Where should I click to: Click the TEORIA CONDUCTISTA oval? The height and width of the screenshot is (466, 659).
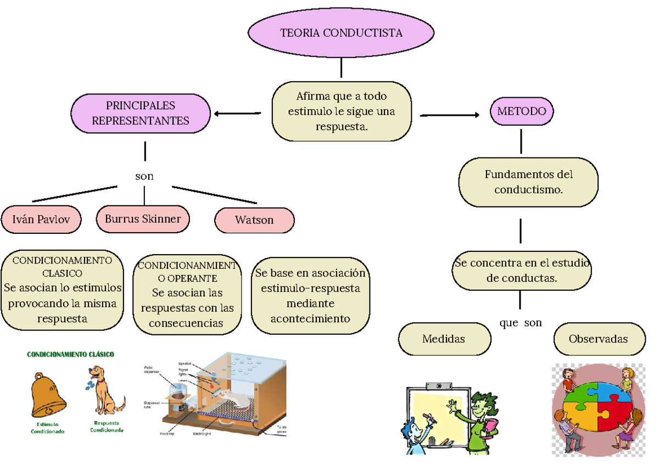(x=341, y=33)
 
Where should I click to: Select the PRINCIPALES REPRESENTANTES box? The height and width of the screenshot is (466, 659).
(x=141, y=114)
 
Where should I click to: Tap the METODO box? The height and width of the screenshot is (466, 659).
(x=521, y=111)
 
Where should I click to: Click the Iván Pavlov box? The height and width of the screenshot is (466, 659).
(x=41, y=220)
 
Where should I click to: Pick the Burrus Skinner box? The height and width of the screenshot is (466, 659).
(x=143, y=219)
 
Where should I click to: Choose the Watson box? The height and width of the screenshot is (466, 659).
(x=254, y=220)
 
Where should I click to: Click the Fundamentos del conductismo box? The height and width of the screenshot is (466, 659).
(x=528, y=182)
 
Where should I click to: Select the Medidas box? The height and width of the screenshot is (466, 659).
(x=444, y=339)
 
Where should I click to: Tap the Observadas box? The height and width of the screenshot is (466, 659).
(x=598, y=339)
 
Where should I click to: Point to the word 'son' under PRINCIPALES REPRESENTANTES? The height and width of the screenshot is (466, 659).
(x=144, y=176)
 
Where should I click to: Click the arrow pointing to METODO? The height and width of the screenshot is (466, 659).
(x=449, y=115)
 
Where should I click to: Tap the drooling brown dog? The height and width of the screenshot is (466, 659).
(x=104, y=391)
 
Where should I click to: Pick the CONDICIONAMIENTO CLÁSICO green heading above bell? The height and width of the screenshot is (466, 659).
(x=71, y=355)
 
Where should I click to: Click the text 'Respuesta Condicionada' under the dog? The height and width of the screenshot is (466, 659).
(x=107, y=426)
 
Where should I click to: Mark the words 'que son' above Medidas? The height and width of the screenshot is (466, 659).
(x=520, y=323)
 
